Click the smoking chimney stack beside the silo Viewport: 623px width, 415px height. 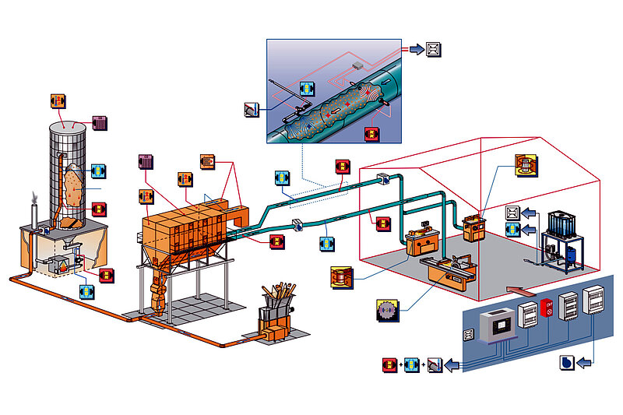pos(33,214)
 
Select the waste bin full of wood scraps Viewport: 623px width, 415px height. pos(277,308)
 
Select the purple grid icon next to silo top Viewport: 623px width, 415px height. pos(100,123)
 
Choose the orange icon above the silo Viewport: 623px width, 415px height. pos(58,101)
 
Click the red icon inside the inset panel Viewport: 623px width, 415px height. pos(372,133)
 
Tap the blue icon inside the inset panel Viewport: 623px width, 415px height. pos(307,89)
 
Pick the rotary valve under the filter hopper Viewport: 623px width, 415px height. pos(158,297)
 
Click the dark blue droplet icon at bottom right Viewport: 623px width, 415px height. pos(568,363)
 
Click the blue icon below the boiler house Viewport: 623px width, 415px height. pos(87,292)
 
